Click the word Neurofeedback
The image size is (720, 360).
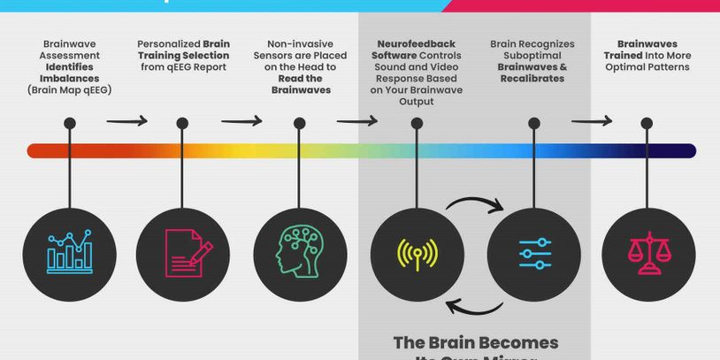coord(417,43)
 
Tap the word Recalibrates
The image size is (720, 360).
coord(532,79)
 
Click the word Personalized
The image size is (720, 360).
coord(169,43)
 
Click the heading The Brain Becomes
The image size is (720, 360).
coord(476,342)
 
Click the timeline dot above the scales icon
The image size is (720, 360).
coord(649,125)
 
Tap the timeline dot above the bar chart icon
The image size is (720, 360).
coord(69,125)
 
